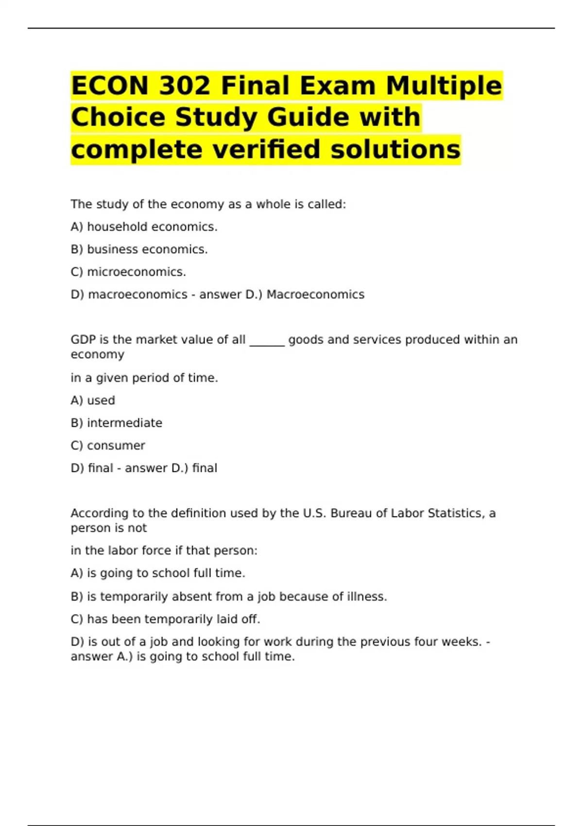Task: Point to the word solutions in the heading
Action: click(x=395, y=149)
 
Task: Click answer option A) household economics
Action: click(x=144, y=227)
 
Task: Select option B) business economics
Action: click(x=139, y=249)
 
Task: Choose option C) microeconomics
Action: click(x=128, y=272)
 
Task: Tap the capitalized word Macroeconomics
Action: click(x=315, y=294)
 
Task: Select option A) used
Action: click(x=93, y=400)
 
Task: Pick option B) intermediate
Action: click(x=116, y=423)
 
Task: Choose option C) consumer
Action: click(x=108, y=446)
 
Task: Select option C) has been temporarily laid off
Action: click(x=165, y=619)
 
